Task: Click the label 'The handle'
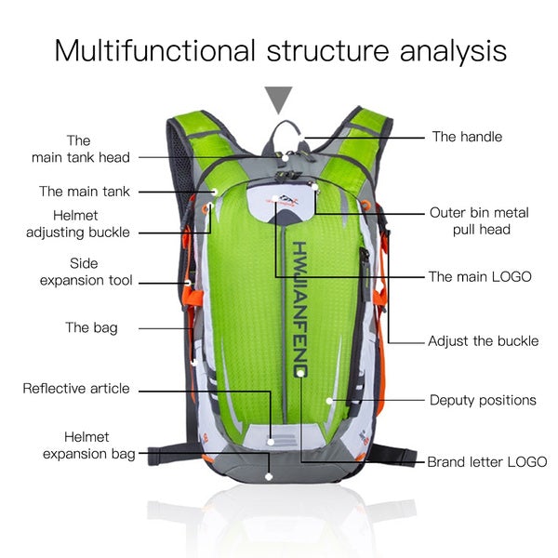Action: [467, 137]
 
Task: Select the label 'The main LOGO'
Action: [480, 276]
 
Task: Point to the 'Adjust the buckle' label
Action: [483, 340]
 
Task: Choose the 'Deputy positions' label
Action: [483, 400]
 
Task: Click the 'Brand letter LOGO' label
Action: [486, 461]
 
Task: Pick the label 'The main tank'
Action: [84, 192]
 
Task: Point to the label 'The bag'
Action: [91, 327]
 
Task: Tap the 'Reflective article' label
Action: [76, 388]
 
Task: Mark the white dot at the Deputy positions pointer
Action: [329, 401]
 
